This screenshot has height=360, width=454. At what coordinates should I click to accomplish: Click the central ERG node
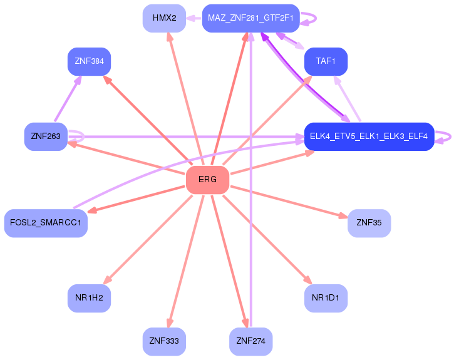coord(207,180)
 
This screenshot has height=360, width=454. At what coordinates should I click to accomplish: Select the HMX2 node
coord(164,18)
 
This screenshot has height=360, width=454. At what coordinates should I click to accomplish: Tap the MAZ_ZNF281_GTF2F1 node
coord(250,18)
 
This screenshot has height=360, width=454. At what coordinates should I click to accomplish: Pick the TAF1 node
coord(326,61)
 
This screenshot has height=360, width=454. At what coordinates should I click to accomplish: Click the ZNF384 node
coord(89,61)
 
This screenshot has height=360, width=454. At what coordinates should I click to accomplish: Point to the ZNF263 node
coord(46,136)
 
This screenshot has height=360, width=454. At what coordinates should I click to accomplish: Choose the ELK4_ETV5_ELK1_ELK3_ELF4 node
coord(369,136)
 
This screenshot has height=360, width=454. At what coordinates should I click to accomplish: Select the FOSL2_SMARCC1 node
coord(46,223)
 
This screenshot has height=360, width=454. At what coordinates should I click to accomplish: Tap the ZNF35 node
coord(369,223)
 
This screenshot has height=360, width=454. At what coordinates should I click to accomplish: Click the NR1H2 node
coord(89,298)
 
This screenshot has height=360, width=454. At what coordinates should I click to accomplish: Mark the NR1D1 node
coord(326,298)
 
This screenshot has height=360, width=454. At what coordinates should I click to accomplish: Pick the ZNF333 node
coord(164,341)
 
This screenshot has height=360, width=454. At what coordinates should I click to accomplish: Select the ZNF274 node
coord(250,341)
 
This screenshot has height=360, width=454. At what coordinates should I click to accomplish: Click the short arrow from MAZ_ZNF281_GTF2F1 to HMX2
coord(193,18)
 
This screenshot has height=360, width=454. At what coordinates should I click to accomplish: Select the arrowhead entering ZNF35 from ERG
coord(343,216)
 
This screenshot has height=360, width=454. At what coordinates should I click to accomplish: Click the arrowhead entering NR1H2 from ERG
coord(108,280)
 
